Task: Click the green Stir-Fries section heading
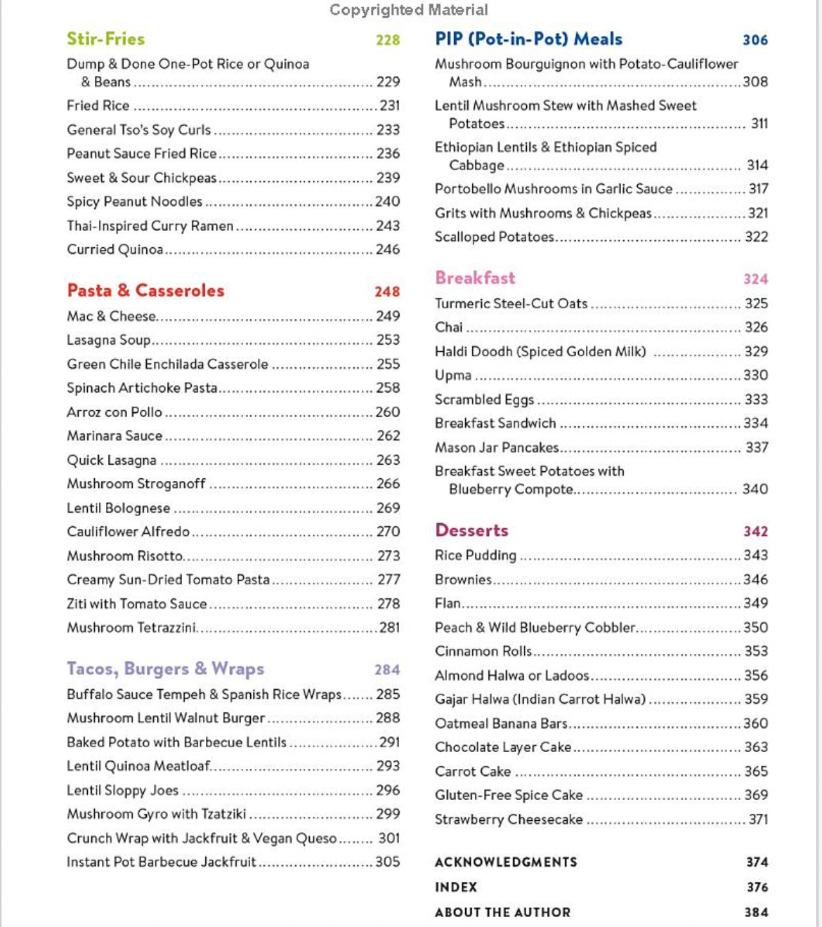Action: coord(105,39)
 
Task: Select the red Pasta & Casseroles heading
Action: coord(145,290)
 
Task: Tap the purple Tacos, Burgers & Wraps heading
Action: coord(165,668)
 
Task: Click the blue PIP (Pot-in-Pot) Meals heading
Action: coord(528,39)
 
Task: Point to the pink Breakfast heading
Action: coord(475,277)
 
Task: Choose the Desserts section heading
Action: coord(471,530)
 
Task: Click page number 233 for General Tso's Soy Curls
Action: coord(388,130)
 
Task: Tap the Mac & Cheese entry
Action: coord(111,316)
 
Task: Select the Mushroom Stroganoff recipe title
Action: coord(136,484)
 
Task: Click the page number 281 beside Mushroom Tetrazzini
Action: coord(389,627)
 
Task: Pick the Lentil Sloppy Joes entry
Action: coord(122,790)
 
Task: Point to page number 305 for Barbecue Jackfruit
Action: coord(387,862)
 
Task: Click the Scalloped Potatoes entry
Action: coord(494,237)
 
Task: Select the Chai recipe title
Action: coord(448,327)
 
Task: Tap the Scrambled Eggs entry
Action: coord(484,400)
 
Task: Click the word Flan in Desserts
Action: coord(448,603)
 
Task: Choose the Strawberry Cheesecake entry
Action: coord(508,819)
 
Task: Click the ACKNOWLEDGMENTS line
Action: coord(506,862)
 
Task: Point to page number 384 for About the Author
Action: coord(756,912)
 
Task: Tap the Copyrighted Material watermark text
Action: coord(408,10)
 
